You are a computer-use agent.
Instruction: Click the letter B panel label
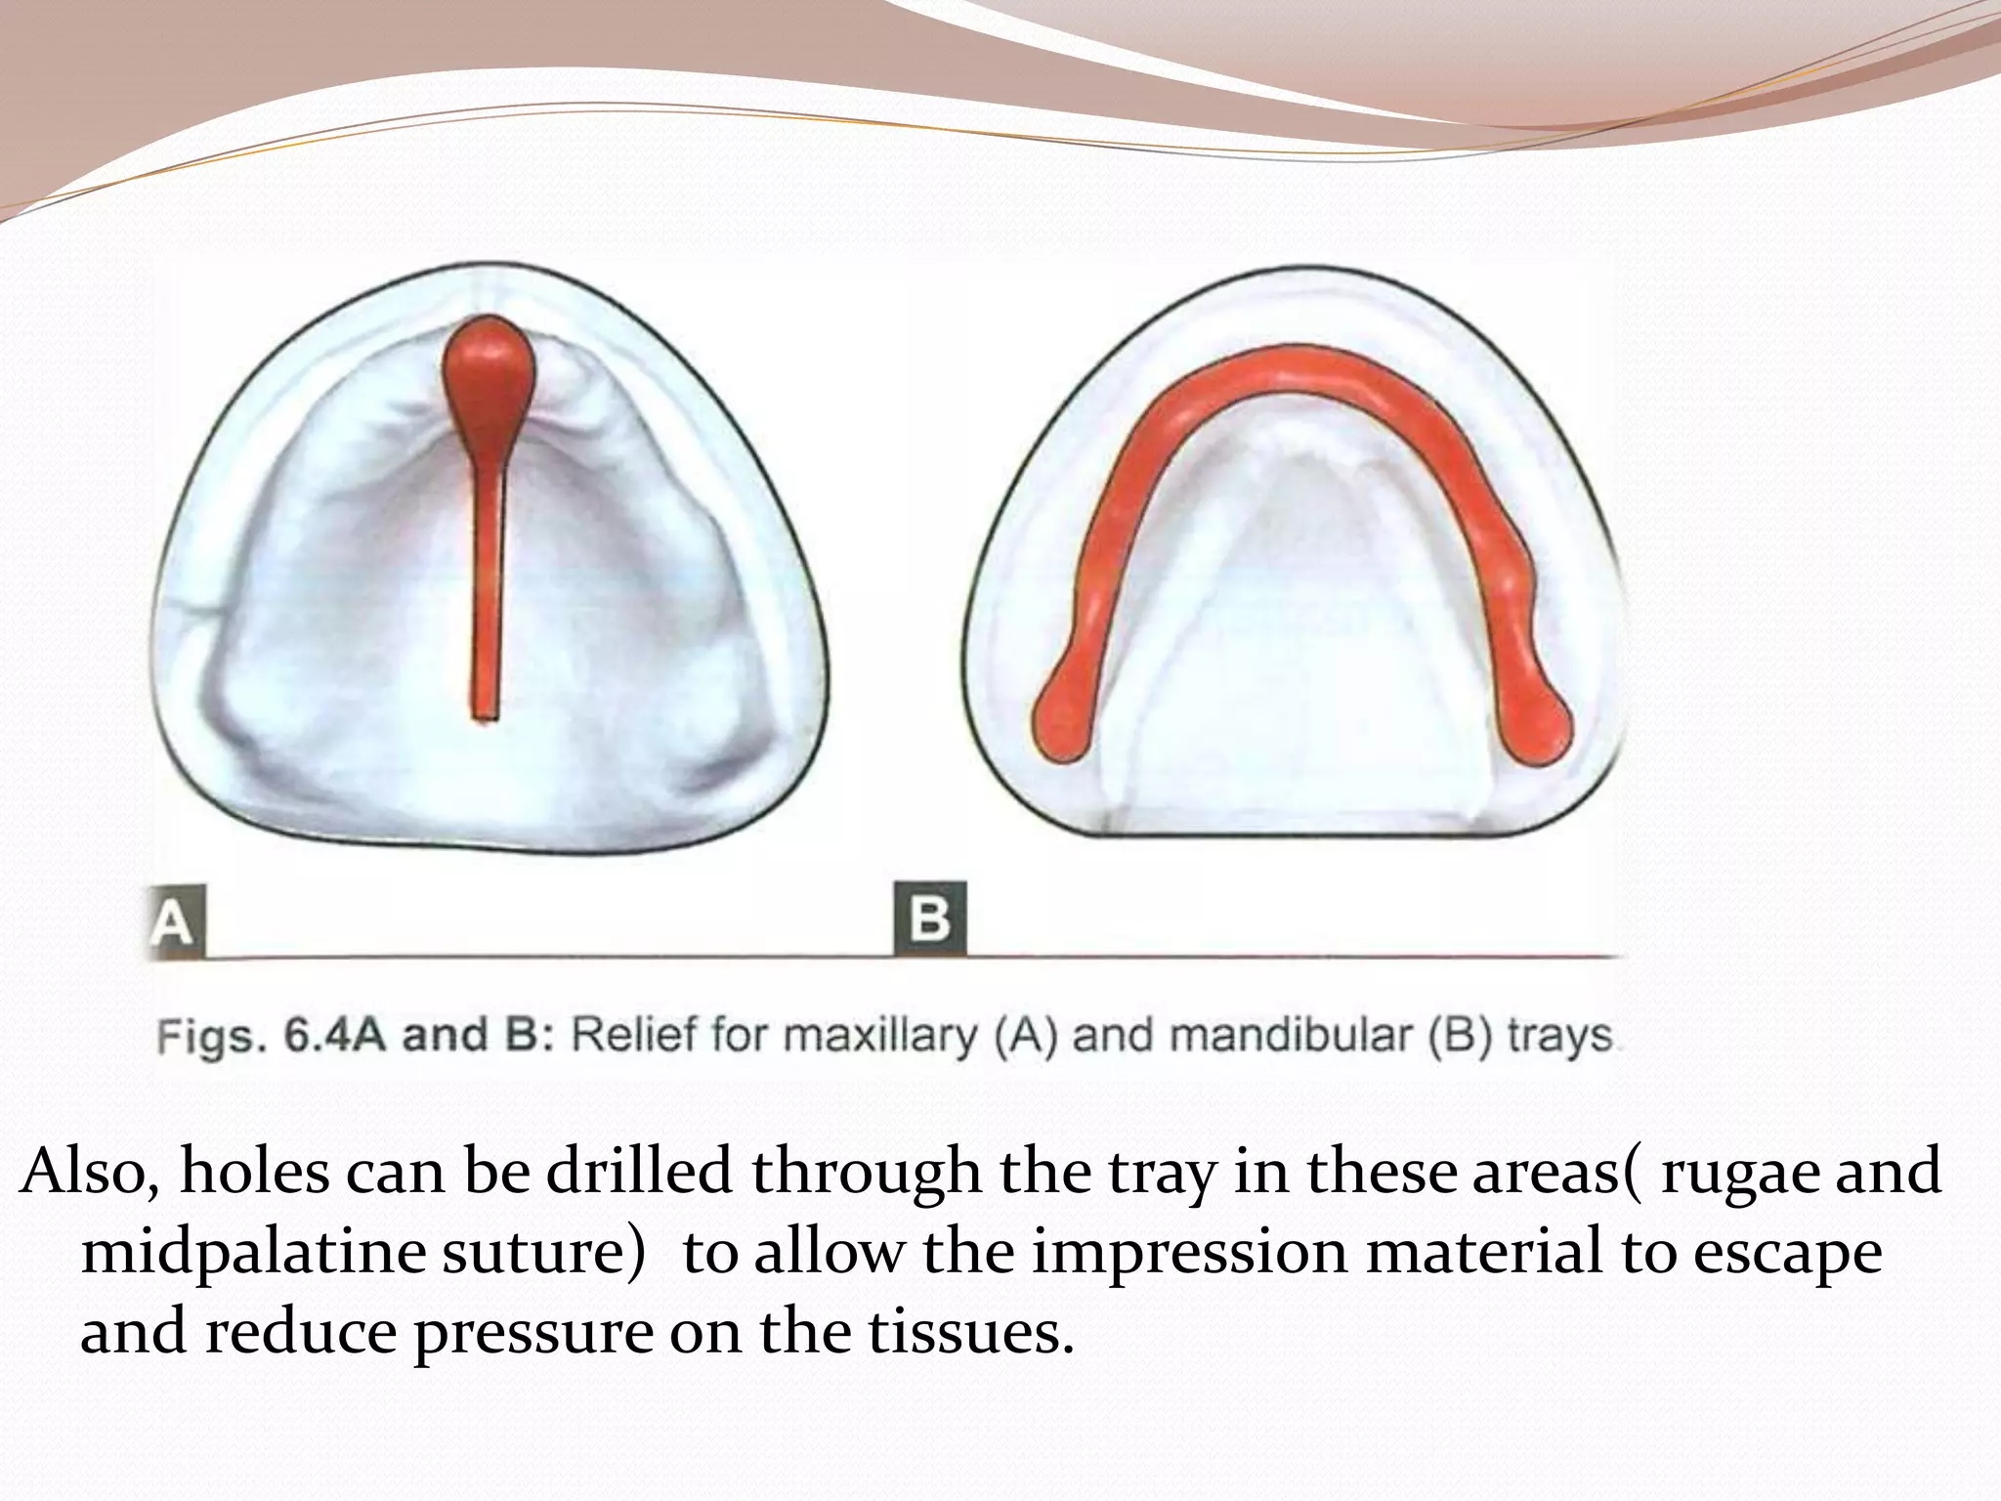(x=928, y=919)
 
